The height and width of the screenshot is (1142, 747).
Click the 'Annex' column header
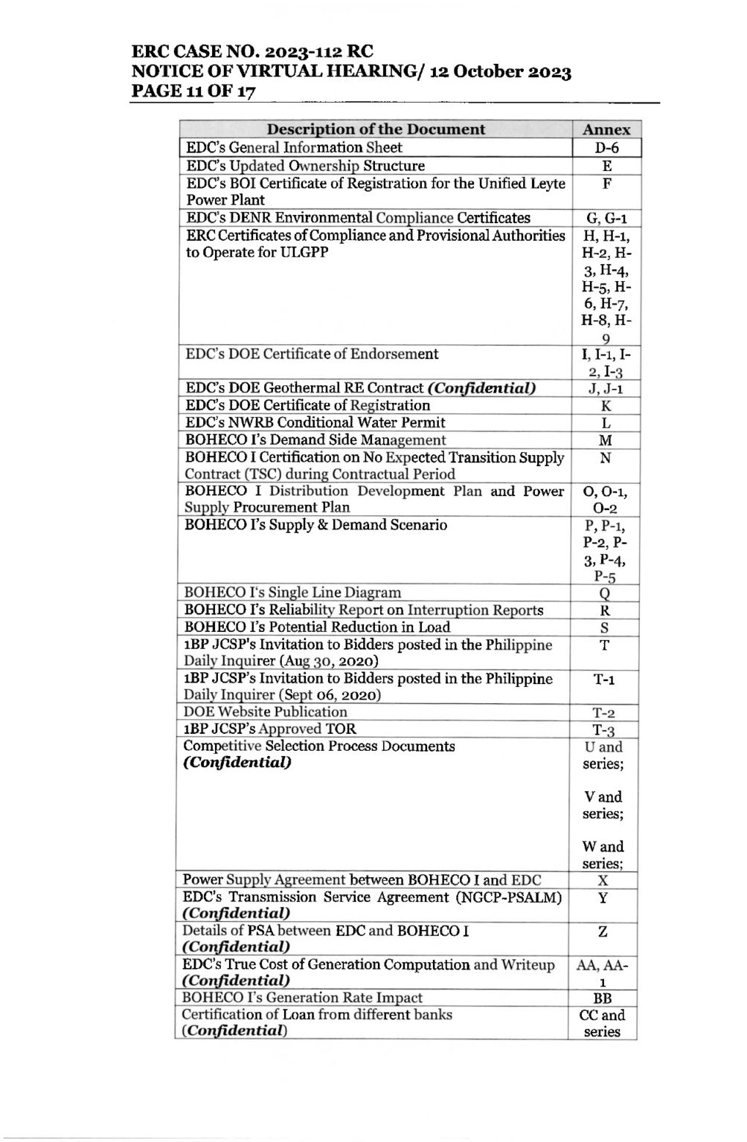coord(606,129)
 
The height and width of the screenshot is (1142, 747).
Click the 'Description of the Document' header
coord(376,129)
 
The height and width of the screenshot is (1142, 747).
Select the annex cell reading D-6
coord(606,148)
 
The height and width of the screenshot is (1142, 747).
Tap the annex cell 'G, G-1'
coord(606,219)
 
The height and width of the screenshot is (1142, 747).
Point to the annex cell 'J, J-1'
coord(606,388)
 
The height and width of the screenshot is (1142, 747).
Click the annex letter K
coord(606,406)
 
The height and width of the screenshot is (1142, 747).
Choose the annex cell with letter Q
coord(605,593)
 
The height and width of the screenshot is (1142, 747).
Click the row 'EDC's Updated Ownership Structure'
coord(305,166)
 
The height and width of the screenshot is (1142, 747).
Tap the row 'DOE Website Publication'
coord(265,712)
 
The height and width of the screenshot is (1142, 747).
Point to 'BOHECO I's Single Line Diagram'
coord(292,593)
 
